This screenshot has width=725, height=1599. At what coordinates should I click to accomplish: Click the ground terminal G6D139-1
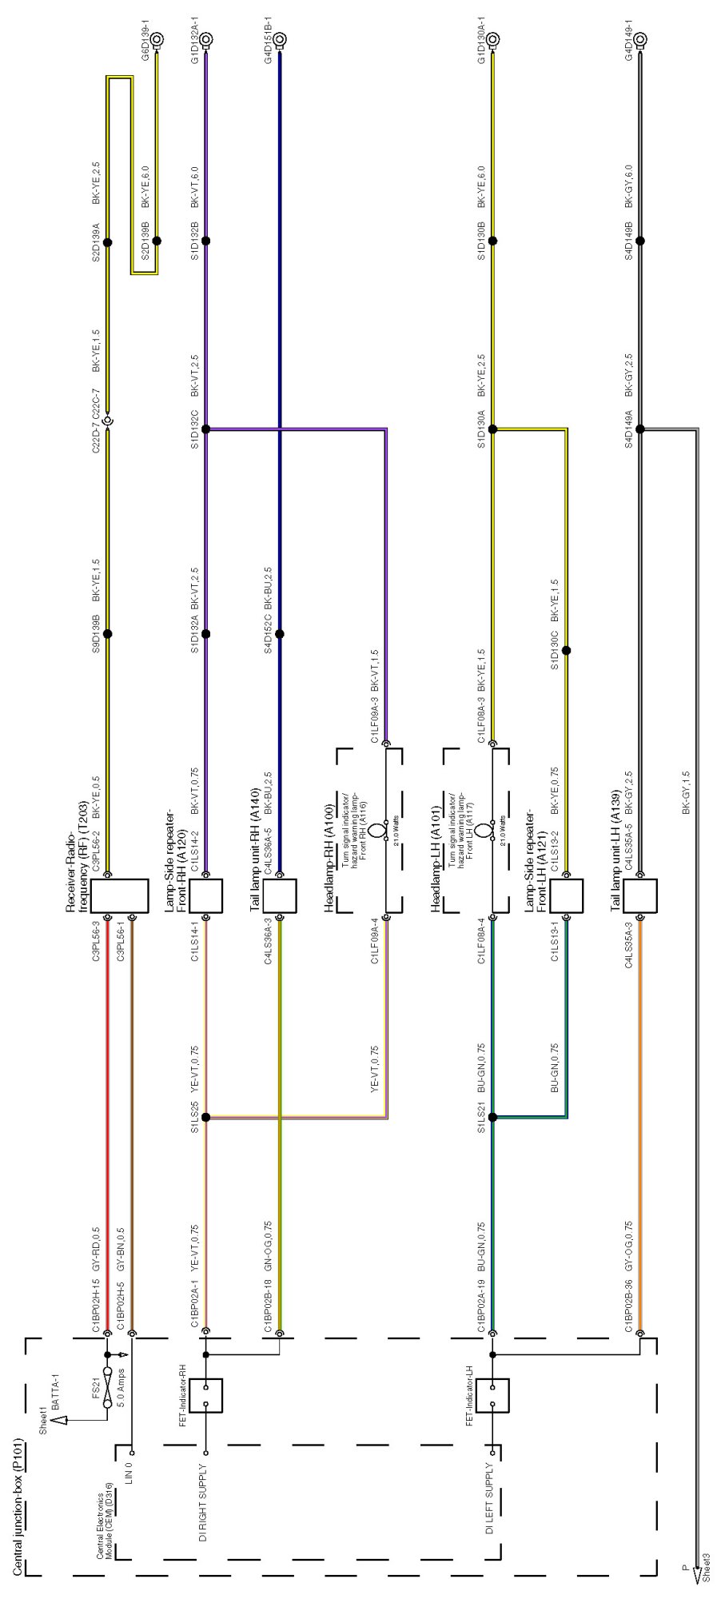[157, 38]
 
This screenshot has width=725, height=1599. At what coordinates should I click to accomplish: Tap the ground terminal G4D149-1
[640, 38]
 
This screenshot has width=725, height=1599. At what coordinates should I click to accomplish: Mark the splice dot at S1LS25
[205, 1117]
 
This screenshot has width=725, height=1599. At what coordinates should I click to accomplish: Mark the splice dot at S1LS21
[492, 1117]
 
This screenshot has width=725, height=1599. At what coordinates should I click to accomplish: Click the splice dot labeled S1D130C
[567, 650]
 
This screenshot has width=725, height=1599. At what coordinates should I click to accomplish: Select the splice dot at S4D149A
[640, 429]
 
